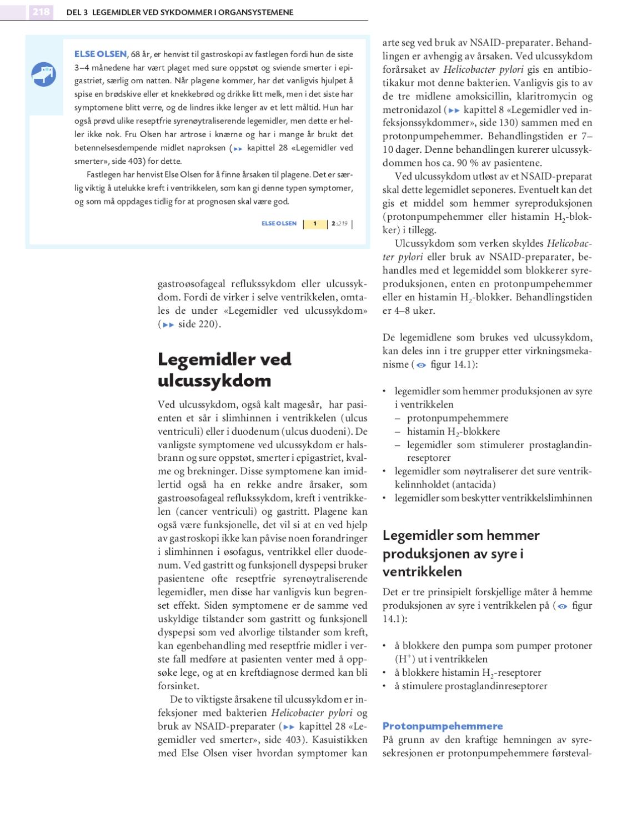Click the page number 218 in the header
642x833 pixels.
pos(41,12)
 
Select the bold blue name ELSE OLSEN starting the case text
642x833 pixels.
pos(101,54)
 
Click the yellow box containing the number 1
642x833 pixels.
pos(315,224)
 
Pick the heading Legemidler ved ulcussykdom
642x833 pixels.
pos(224,370)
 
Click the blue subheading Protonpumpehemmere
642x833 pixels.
pos(443,726)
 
